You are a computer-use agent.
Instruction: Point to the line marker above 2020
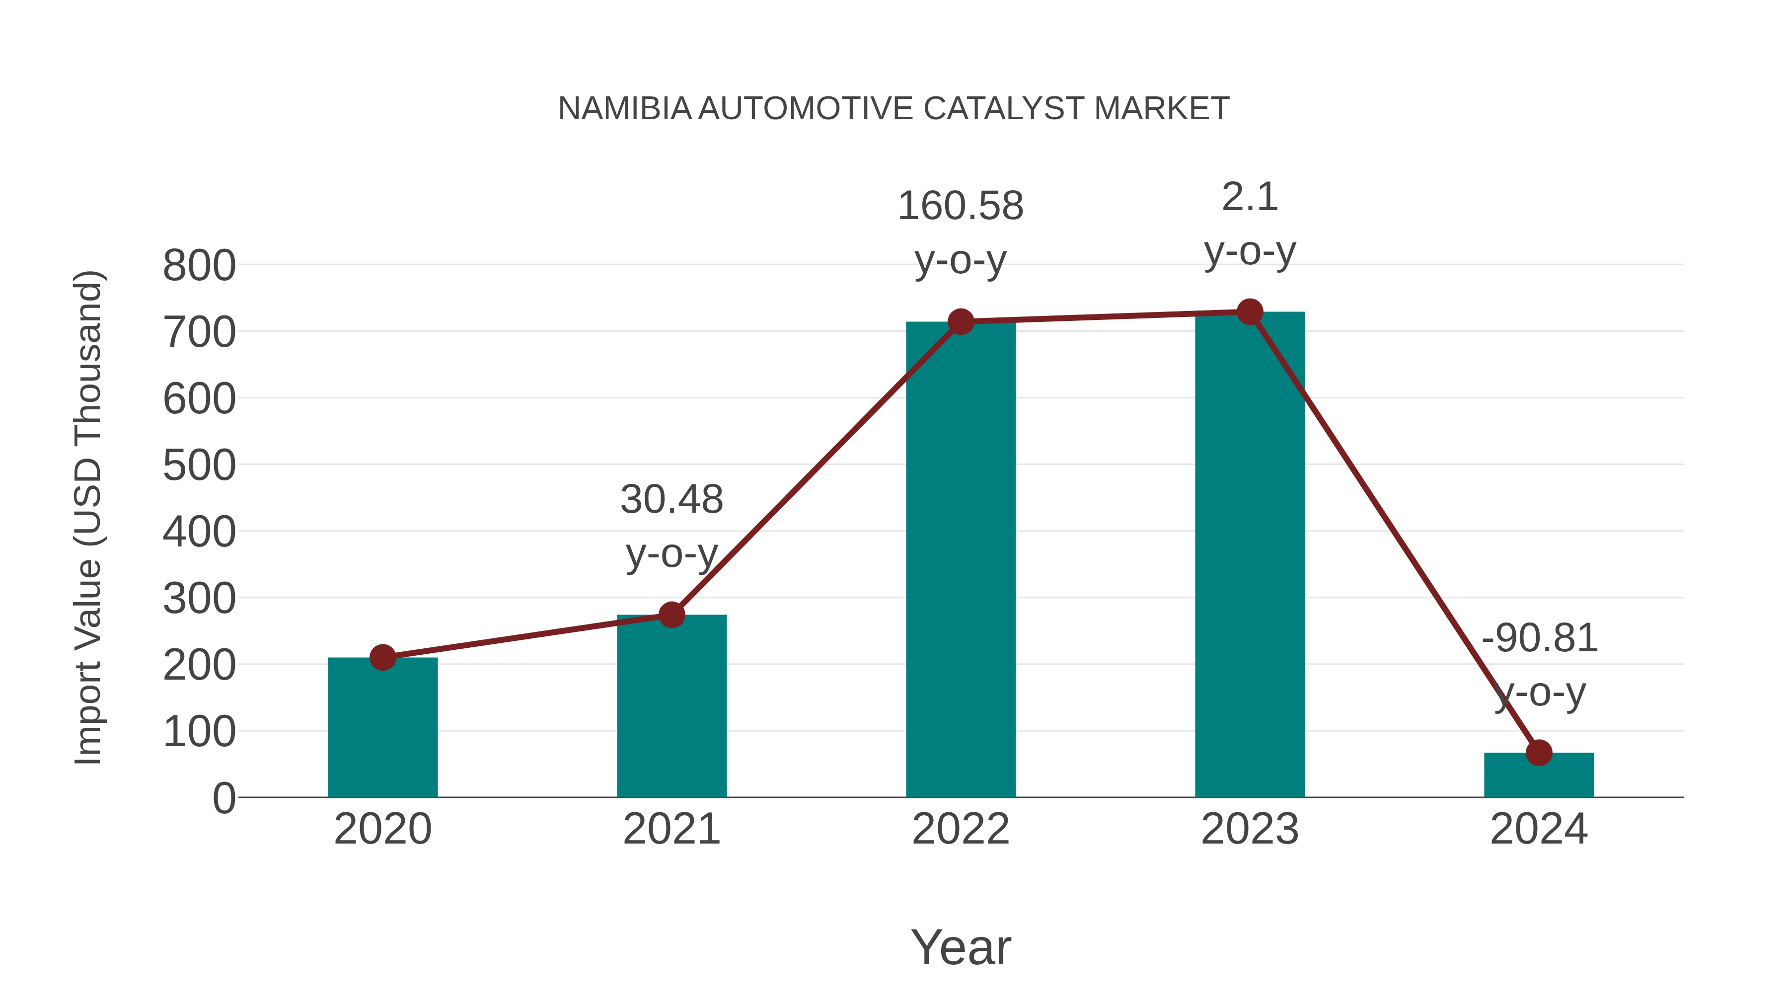pyautogui.click(x=382, y=657)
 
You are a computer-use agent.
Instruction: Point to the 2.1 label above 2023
pyautogui.click(x=1250, y=197)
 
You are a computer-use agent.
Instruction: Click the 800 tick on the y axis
pyautogui.click(x=199, y=265)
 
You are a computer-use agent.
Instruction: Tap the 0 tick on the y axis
pyautogui.click(x=223, y=798)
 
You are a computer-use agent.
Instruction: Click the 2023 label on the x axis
pyautogui.click(x=1250, y=829)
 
